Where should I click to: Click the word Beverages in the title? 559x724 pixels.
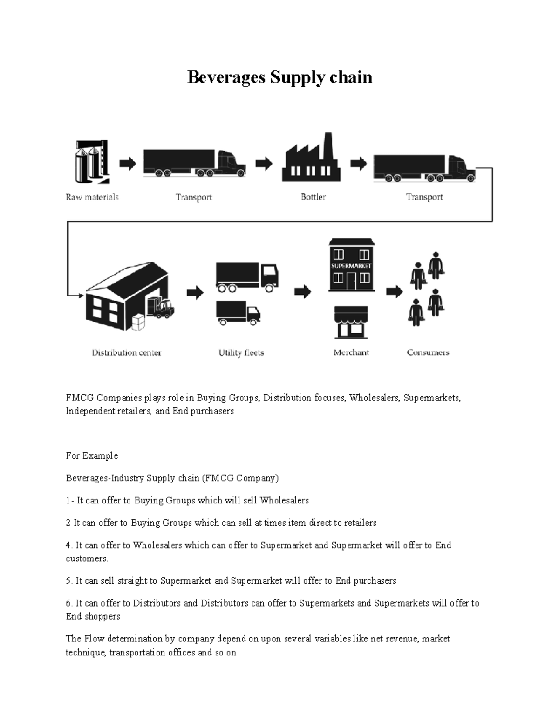(x=226, y=77)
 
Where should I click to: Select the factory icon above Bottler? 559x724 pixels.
(x=311, y=159)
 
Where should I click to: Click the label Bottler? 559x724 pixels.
(x=313, y=197)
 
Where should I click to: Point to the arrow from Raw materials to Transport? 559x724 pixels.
(x=127, y=164)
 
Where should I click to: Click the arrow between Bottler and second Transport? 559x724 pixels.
(x=358, y=164)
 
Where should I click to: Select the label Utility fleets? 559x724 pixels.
(x=241, y=353)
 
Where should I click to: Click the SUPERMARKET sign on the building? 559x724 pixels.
(x=351, y=266)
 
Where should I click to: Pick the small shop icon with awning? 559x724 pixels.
(x=351, y=322)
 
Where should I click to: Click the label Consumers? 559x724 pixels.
(x=428, y=352)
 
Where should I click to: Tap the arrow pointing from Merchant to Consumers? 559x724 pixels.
(x=395, y=292)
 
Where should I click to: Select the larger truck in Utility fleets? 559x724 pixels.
(x=247, y=277)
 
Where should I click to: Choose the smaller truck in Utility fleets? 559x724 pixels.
(x=238, y=313)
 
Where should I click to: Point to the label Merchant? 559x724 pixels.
(x=351, y=352)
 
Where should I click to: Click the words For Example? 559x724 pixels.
(x=92, y=455)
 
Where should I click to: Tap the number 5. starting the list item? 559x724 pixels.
(x=69, y=581)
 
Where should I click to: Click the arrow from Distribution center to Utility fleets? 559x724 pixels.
(x=195, y=293)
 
